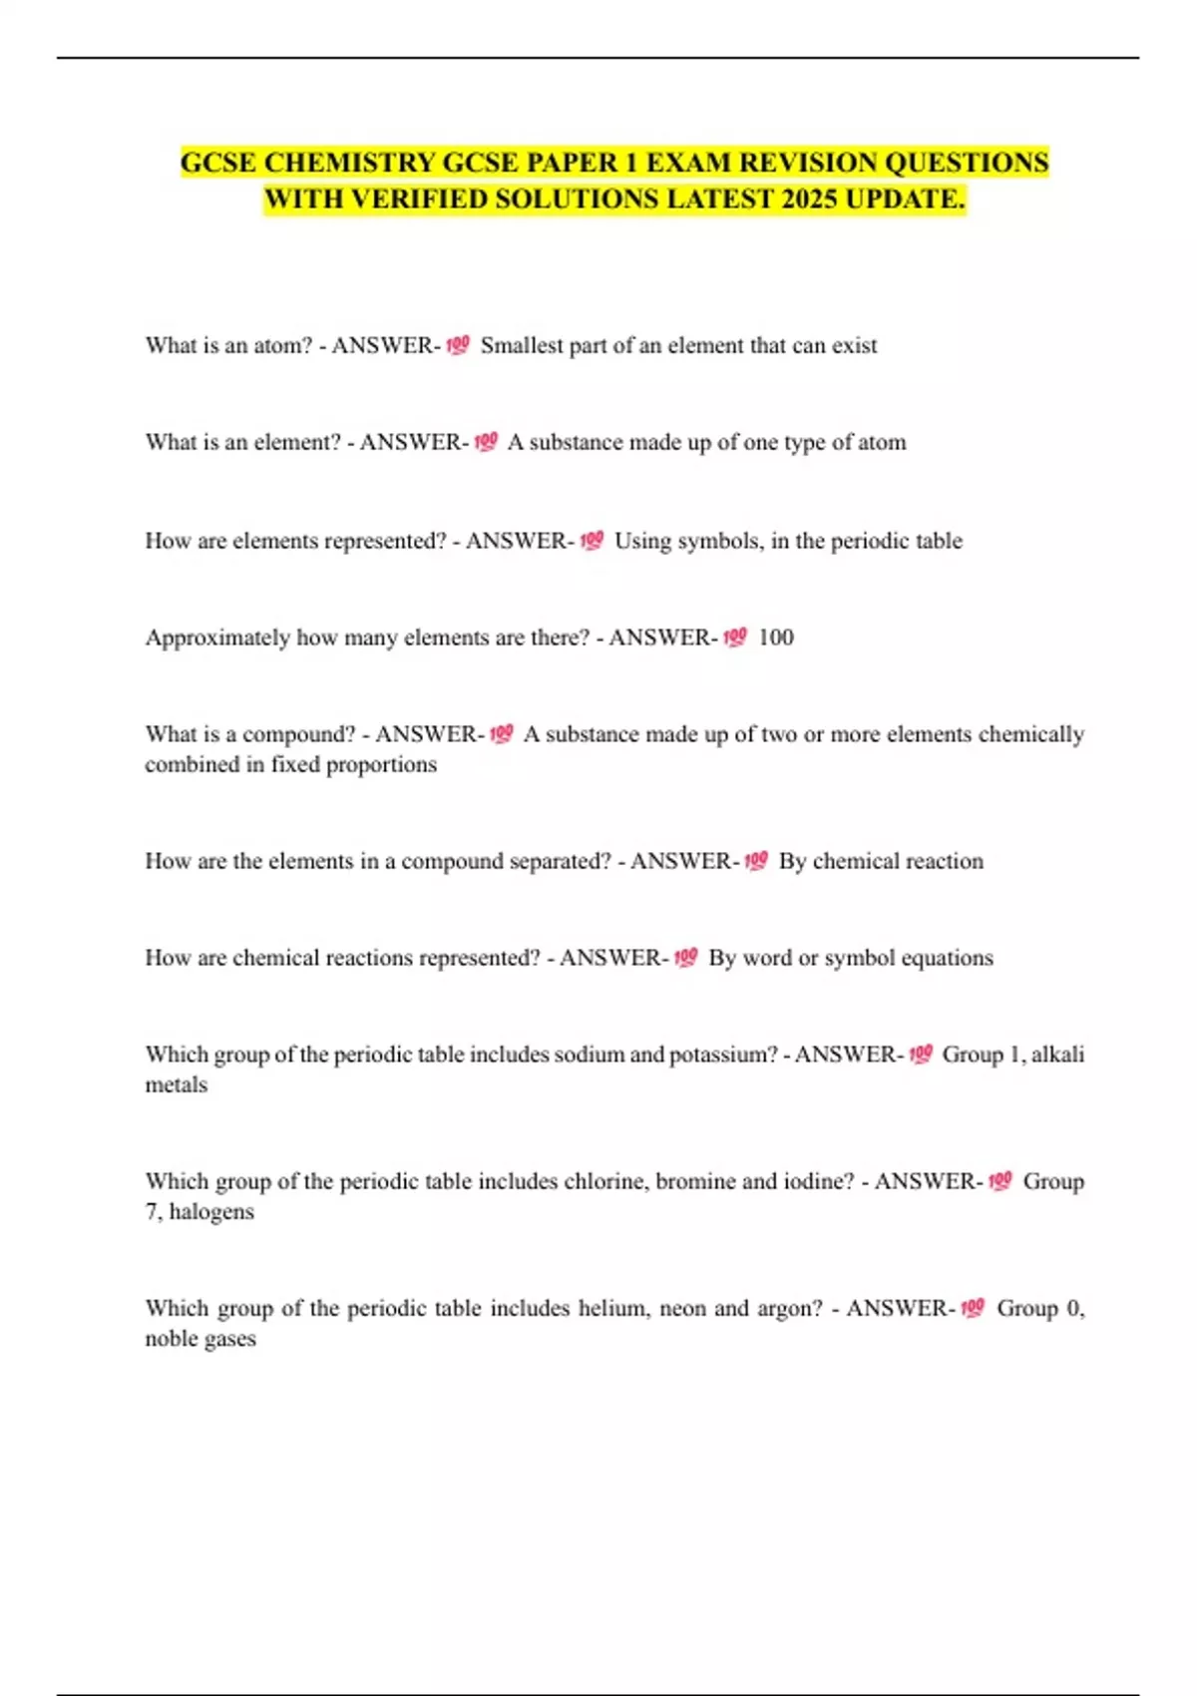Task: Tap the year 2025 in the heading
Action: click(809, 200)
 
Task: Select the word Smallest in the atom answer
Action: click(521, 345)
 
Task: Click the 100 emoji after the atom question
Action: click(458, 345)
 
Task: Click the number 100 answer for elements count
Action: click(776, 637)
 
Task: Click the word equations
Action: click(947, 958)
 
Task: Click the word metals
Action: click(177, 1084)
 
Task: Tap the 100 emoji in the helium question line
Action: click(973, 1308)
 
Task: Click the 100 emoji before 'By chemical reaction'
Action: click(756, 861)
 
